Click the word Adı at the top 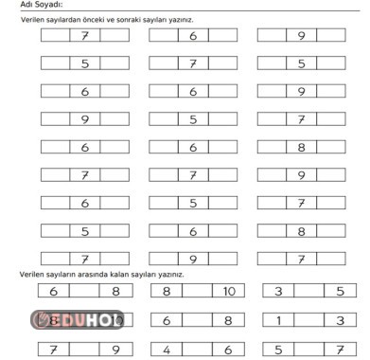(x=26, y=5)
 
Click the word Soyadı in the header (x=47, y=5)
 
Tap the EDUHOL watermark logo (x=79, y=320)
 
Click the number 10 (x=228, y=292)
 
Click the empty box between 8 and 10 (x=196, y=292)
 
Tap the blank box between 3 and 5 (x=308, y=292)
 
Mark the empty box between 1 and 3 (x=308, y=321)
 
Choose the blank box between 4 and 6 (x=196, y=350)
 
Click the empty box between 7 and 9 (x=84, y=350)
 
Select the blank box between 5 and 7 (x=308, y=350)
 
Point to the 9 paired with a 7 (x=116, y=350)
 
